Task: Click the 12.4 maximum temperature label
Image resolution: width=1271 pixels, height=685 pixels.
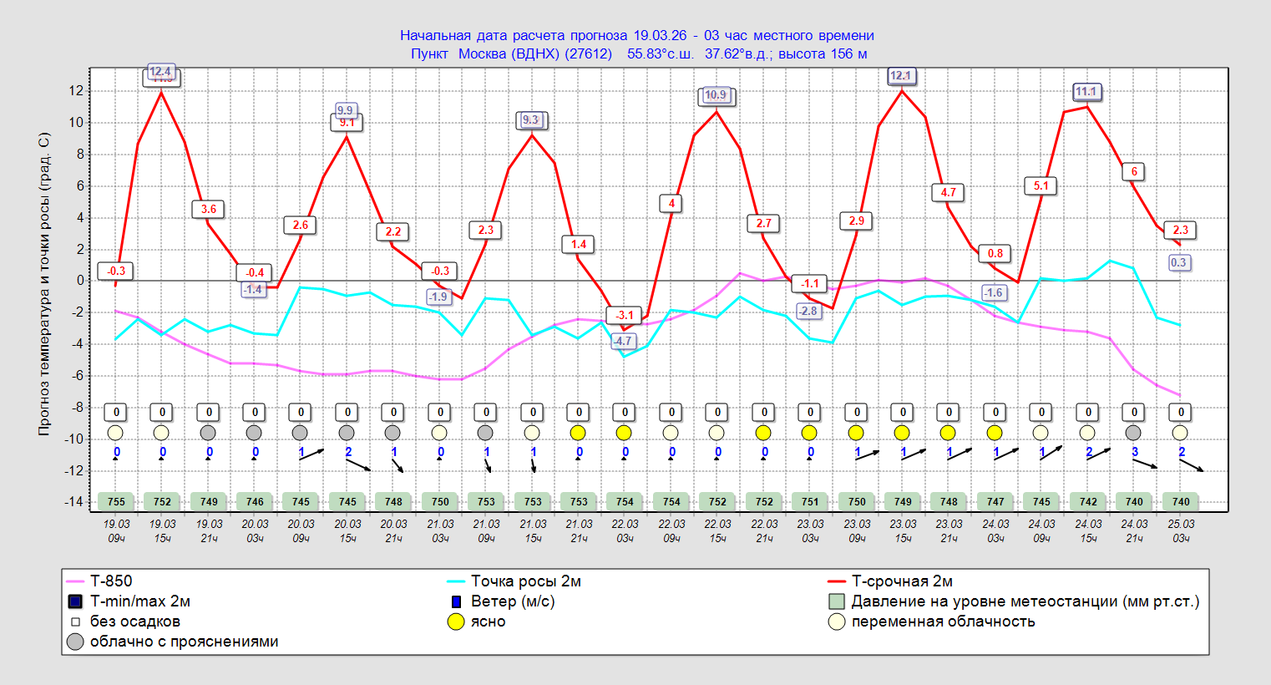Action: point(160,72)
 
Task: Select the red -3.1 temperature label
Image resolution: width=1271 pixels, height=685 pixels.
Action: point(625,315)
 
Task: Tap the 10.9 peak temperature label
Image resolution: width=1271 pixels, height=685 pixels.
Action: point(716,95)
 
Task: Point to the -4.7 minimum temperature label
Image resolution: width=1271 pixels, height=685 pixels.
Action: point(623,341)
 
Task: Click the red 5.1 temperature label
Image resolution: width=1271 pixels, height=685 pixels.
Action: point(1041,186)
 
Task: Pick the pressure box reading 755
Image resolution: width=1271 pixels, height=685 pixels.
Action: point(116,502)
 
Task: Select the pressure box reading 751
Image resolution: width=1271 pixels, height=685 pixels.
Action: point(810,502)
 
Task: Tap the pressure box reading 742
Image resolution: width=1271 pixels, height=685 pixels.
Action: point(1088,502)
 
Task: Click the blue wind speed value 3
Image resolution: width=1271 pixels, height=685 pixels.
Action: point(1134,452)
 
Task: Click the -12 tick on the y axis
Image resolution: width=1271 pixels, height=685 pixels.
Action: point(74,471)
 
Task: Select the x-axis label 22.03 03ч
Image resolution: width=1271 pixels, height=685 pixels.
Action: point(625,531)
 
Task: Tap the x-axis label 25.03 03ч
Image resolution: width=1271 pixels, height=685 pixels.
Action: point(1181,531)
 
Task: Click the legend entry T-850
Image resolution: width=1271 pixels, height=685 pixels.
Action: point(111,581)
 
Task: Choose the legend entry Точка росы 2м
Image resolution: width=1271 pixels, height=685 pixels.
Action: point(525,581)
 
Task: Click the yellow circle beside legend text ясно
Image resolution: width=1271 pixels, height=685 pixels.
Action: point(456,622)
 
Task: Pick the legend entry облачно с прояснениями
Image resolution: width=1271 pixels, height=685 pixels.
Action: point(184,642)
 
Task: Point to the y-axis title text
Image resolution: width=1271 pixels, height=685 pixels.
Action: point(44,284)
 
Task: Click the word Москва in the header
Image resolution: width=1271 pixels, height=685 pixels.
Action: point(482,53)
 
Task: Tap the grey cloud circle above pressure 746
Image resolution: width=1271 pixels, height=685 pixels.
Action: point(254,433)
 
